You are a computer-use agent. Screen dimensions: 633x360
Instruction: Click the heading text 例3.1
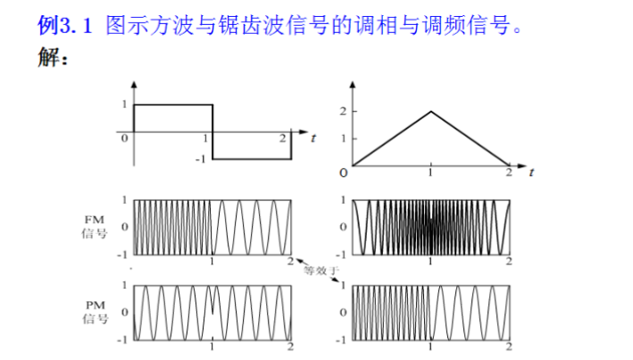[x=66, y=25]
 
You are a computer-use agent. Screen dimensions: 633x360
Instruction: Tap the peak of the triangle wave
[x=431, y=111]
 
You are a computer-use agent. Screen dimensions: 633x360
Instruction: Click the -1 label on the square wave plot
[x=201, y=158]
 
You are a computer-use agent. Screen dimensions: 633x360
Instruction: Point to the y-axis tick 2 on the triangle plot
[x=341, y=111]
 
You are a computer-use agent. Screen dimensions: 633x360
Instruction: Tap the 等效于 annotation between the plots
[x=317, y=270]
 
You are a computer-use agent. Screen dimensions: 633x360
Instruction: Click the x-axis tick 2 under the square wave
[x=283, y=138]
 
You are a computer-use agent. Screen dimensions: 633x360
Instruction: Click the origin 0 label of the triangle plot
[x=342, y=171]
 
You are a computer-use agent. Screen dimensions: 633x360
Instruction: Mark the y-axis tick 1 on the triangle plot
[x=341, y=138]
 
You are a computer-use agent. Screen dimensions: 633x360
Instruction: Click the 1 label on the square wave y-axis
[x=123, y=105]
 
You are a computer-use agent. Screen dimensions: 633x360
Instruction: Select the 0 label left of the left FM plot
[x=125, y=227]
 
